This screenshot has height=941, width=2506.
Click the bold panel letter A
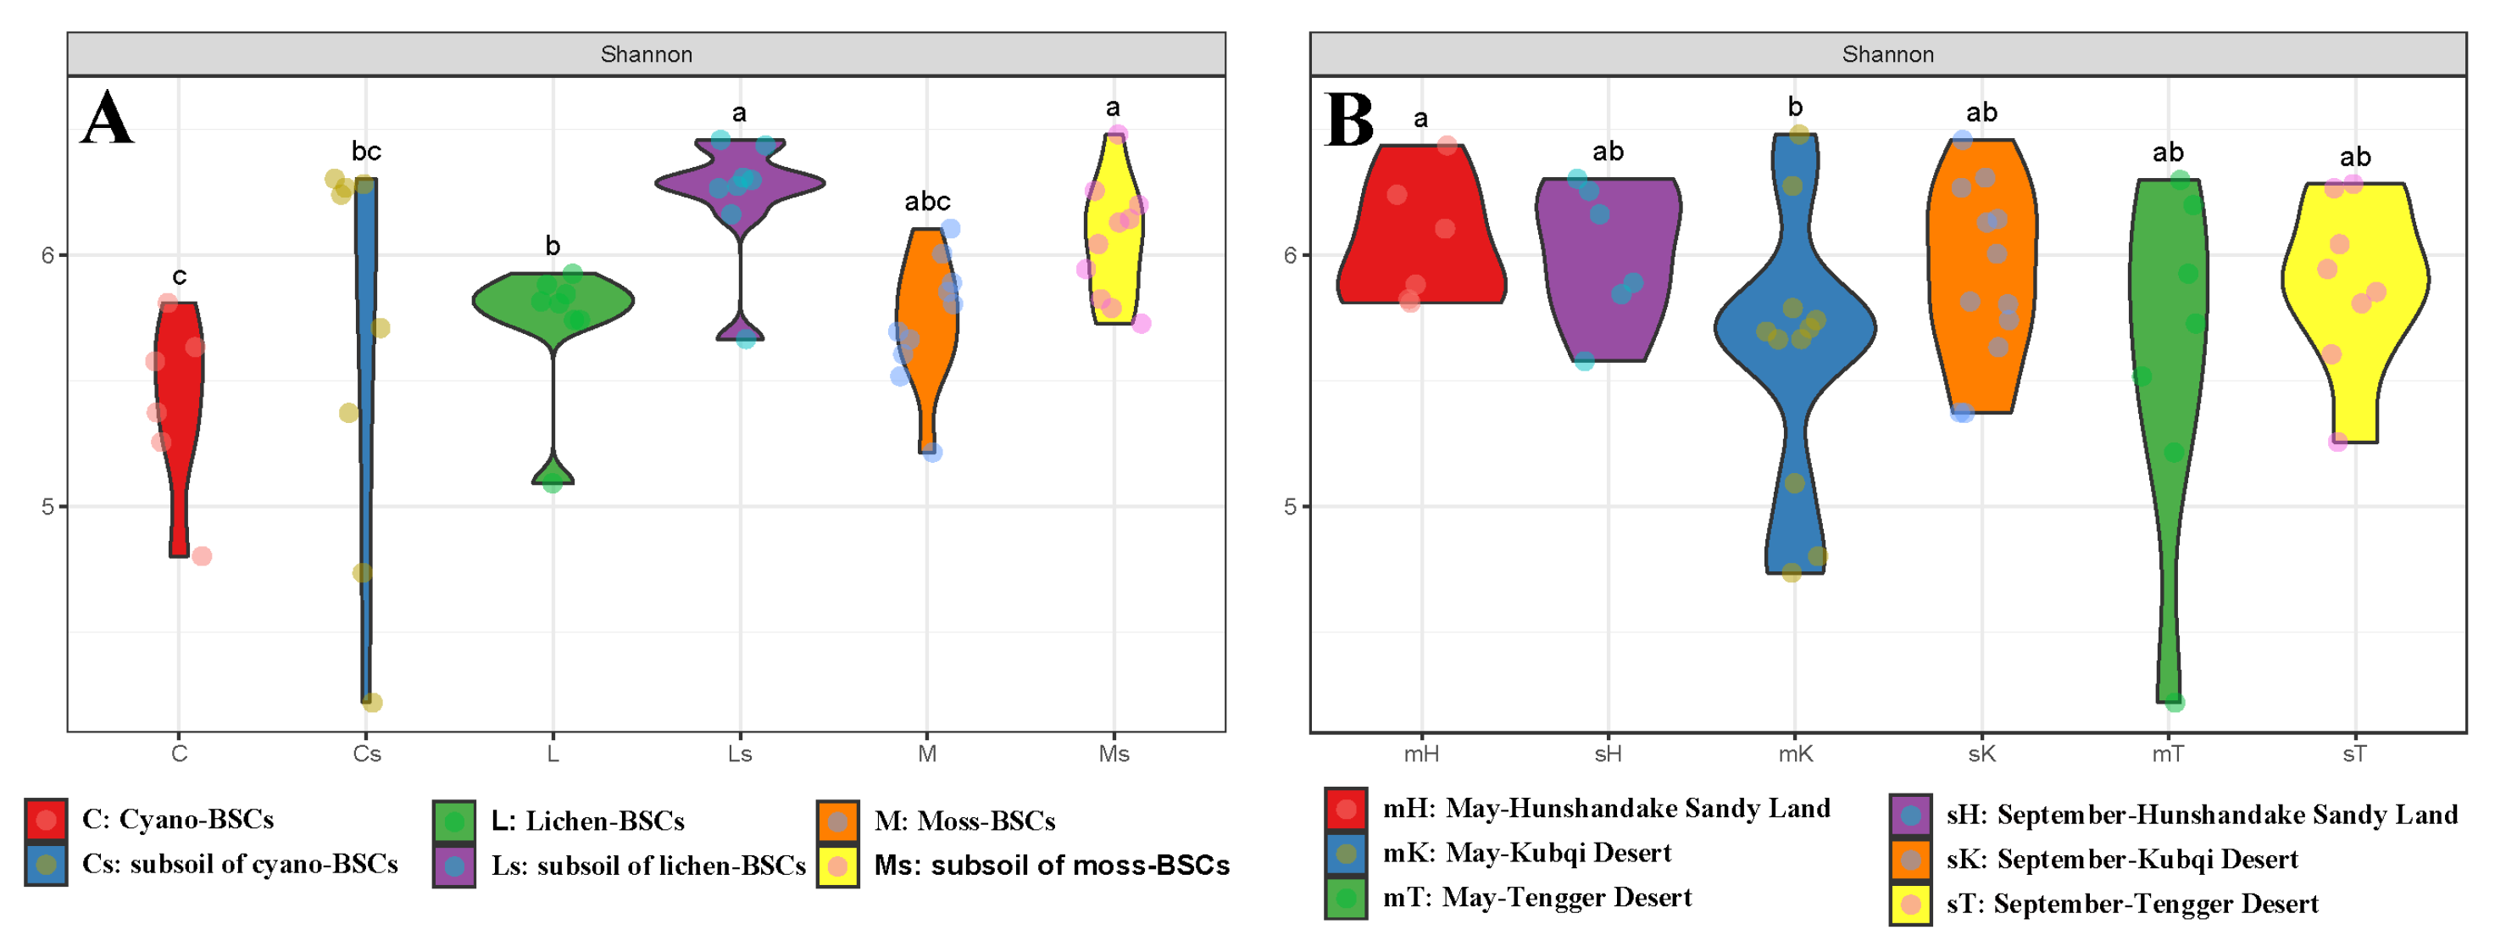106,119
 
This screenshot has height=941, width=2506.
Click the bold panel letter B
1349,120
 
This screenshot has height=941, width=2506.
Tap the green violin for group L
553,302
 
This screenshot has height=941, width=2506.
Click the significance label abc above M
927,202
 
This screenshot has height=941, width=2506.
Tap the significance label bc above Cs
367,151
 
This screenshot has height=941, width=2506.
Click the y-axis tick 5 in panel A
47,506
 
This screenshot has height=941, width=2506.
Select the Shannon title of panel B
1887,54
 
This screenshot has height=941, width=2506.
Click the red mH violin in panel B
1422,233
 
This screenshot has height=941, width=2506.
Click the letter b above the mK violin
1795,107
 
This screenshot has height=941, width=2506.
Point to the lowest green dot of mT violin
2175,703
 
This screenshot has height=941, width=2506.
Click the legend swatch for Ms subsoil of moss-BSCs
837,865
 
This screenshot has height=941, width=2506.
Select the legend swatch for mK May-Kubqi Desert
1347,854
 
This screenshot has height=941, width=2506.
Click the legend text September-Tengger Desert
2155,904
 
